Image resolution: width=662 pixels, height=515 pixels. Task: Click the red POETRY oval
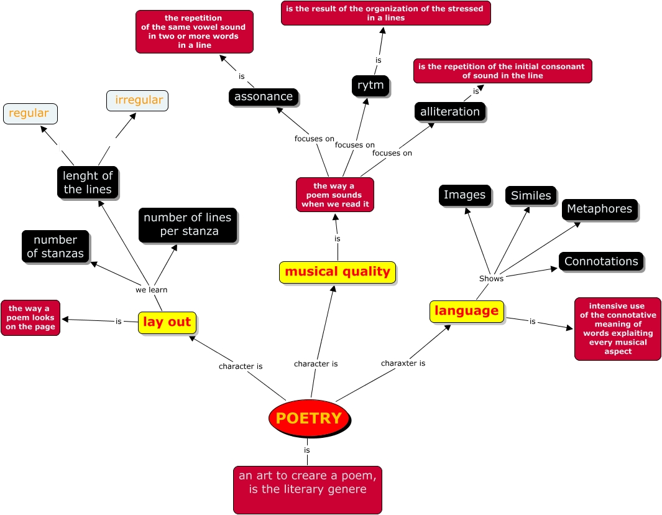309,418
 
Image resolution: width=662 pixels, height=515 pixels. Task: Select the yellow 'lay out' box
167,322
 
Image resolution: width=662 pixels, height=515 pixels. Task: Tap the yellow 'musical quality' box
338,272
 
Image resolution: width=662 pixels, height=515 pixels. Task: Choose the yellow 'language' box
466,311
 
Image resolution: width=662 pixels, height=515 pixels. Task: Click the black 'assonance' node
264,97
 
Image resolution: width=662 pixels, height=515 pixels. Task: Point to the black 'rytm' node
370,85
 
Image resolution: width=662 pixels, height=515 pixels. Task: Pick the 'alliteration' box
450,112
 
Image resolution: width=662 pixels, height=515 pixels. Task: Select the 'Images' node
464,195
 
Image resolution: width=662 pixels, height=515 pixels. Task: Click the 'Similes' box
531,196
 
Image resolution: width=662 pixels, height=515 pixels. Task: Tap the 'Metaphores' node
599,210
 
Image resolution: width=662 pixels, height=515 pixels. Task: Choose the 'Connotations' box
601,262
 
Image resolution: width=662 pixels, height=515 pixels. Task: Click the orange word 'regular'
29,113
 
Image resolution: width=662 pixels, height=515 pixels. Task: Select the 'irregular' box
138,100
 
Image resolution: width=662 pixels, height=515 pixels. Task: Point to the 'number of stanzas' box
55,247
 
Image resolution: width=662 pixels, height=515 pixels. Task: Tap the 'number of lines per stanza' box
187,225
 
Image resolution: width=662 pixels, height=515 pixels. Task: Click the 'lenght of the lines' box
88,183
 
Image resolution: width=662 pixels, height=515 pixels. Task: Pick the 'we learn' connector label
152,290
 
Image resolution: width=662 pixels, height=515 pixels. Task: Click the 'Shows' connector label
491,279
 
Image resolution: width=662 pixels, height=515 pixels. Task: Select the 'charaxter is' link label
403,363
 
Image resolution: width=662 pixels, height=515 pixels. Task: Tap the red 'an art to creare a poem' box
308,489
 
